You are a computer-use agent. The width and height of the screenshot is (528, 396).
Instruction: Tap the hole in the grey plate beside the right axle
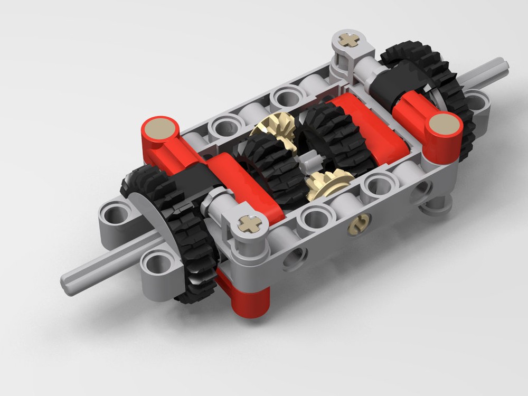pos(477,103)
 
